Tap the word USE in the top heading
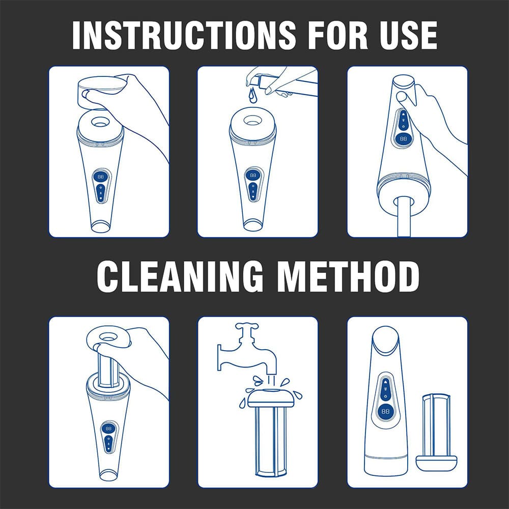pyautogui.click(x=409, y=35)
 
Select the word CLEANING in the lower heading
pyautogui.click(x=180, y=276)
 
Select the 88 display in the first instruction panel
pyautogui.click(x=101, y=177)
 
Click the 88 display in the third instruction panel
pyautogui.click(x=403, y=138)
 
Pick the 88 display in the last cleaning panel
pyautogui.click(x=385, y=411)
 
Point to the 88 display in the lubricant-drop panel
pyautogui.click(x=252, y=175)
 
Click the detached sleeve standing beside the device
pyautogui.click(x=437, y=432)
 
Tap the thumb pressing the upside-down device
pyautogui.click(x=403, y=97)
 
